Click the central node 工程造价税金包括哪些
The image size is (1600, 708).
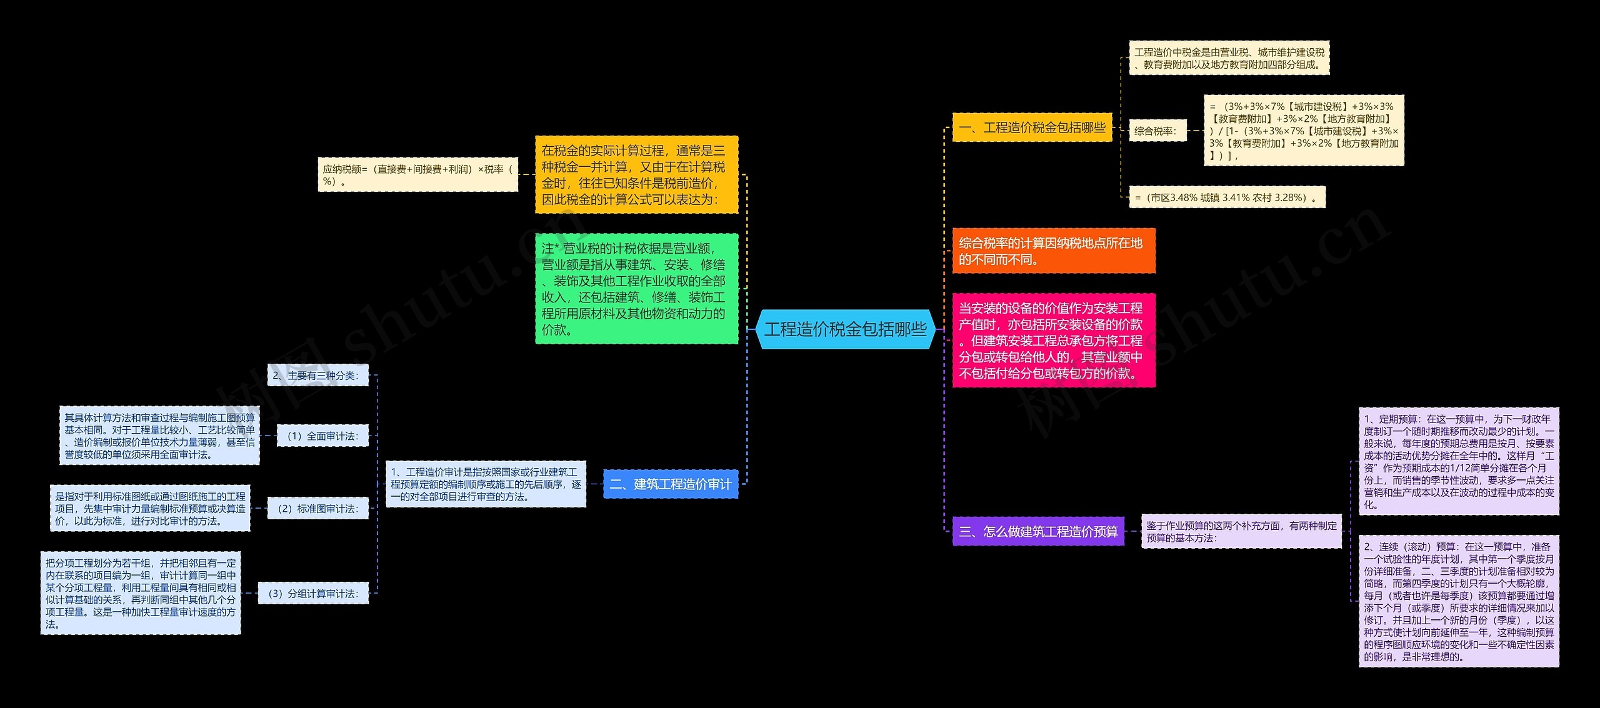pyautogui.click(x=845, y=329)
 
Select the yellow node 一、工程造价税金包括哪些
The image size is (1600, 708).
pyautogui.click(x=1032, y=127)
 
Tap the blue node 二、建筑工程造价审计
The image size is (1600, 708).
pyautogui.click(x=670, y=484)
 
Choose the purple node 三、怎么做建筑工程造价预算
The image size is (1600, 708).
pyautogui.click(x=1037, y=531)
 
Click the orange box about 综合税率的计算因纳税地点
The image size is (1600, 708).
pyautogui.click(x=1053, y=251)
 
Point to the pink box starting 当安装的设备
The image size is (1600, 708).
pyautogui.click(x=1053, y=341)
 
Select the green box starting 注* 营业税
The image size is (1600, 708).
pyautogui.click(x=636, y=289)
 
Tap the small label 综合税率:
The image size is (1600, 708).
pyautogui.click(x=1157, y=131)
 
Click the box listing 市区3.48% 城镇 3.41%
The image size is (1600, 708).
pyautogui.click(x=1227, y=197)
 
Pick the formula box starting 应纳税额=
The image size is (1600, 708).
pyautogui.click(x=417, y=175)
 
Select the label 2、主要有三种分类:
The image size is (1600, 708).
pyautogui.click(x=317, y=376)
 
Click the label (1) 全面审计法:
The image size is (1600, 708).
pyautogui.click(x=322, y=436)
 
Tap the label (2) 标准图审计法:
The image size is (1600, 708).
pyautogui.click(x=317, y=509)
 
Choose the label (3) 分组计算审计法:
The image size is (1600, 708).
pyautogui.click(x=313, y=594)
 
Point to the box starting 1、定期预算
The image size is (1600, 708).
pyautogui.click(x=1459, y=461)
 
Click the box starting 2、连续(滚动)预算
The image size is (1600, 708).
pyautogui.click(x=1459, y=601)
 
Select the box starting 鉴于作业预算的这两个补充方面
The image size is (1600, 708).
pyautogui.click(x=1241, y=532)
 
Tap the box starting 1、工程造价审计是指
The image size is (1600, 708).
pyautogui.click(x=486, y=484)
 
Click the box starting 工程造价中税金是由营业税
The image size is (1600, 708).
pyautogui.click(x=1229, y=58)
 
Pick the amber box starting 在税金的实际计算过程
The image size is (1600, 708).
pyautogui.click(x=636, y=175)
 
